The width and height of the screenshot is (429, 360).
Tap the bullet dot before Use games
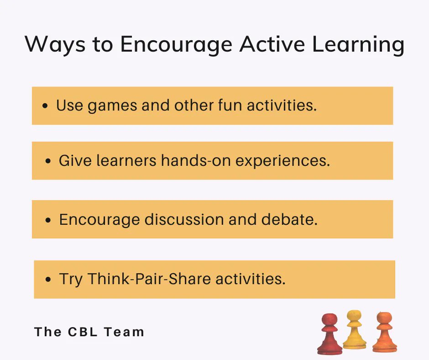click(45, 106)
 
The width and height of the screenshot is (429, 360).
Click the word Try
click(71, 279)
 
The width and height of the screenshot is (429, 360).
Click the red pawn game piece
click(330, 334)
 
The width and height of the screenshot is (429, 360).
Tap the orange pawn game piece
click(384, 332)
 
